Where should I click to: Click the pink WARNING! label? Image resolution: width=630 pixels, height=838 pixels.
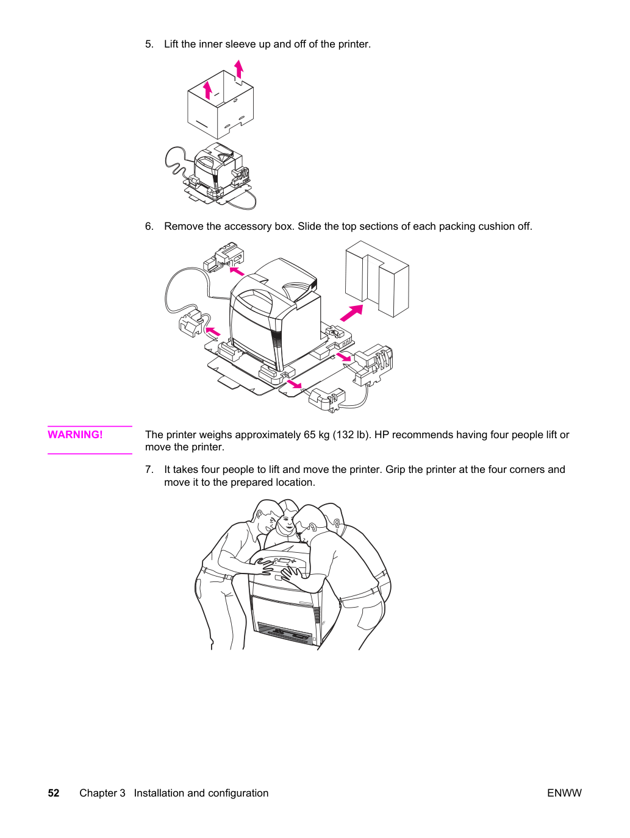pos(75,435)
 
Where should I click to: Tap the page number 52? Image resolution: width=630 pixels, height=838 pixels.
pos(54,793)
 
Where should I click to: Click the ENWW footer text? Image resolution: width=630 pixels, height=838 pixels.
pos(564,793)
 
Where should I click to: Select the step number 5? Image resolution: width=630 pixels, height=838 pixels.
pos(149,44)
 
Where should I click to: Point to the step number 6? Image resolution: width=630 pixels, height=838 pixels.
pos(149,226)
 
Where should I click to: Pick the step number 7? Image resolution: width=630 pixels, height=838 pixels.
pos(149,470)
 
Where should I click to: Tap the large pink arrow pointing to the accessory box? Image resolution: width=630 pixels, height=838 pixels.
pos(351,313)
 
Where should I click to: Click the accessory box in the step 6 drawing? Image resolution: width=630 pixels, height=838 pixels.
pos(377,279)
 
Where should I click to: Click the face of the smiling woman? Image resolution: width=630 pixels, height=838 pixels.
pos(287,522)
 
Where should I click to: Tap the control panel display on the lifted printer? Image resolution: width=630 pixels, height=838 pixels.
pos(283,561)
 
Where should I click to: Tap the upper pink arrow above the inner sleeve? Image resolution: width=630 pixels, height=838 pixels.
pos(239,69)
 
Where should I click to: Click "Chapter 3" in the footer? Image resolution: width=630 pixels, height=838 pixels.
pos(102,793)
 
